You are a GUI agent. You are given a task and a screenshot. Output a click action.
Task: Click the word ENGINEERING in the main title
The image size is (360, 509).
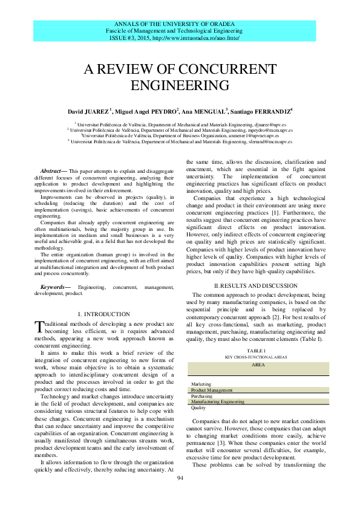pyautogui.click(x=180, y=85)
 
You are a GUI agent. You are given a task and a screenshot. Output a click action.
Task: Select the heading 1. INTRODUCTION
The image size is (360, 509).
pyautogui.click(x=104, y=314)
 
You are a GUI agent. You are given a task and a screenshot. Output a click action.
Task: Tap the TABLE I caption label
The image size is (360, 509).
pyautogui.click(x=257, y=351)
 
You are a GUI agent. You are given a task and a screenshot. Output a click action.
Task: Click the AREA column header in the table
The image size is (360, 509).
pyautogui.click(x=258, y=365)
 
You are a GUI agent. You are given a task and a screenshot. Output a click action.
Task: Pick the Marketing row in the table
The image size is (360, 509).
pyautogui.click(x=201, y=384)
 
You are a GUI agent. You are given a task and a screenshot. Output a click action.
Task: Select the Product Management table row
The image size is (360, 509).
pyautogui.click(x=212, y=390)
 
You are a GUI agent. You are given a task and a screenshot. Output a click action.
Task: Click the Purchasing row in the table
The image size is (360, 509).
pyautogui.click(x=201, y=396)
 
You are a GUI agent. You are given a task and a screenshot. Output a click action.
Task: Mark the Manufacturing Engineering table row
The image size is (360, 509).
pyautogui.click(x=218, y=401)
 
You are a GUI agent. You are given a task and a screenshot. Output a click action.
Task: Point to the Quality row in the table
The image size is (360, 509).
pyautogui.click(x=198, y=408)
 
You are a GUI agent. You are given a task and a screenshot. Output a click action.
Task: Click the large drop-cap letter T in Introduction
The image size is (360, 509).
pyautogui.click(x=39, y=327)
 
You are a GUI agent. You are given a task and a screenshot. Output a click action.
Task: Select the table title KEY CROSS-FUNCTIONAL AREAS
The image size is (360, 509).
pyautogui.click(x=257, y=357)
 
